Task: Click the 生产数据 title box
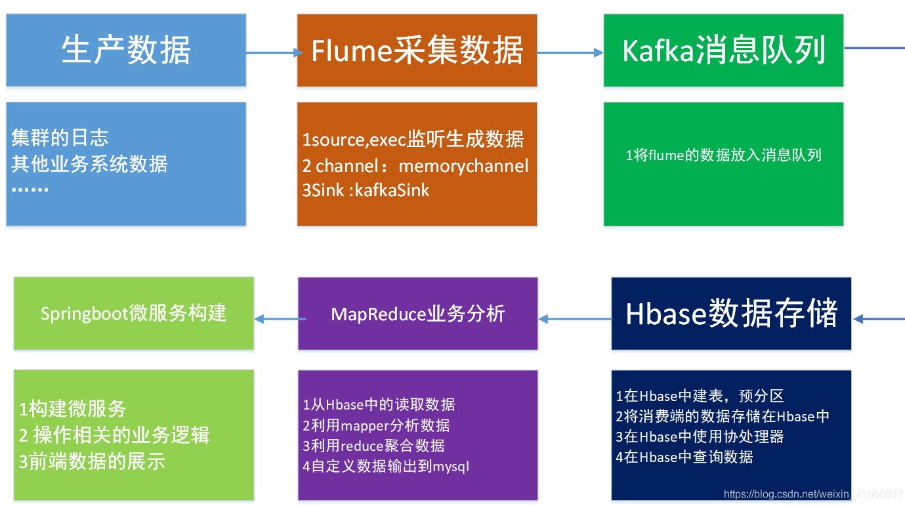126,51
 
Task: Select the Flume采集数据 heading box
417,51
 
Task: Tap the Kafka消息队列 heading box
723,51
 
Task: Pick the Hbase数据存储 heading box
731,313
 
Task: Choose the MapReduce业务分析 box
417,314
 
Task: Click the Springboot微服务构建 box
133,313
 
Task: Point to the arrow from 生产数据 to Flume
271,53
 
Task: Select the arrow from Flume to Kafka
570,53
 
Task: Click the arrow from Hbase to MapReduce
575,320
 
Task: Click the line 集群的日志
60,138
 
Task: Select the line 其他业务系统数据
89,163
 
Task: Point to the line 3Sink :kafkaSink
366,190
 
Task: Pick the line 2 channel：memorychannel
415,165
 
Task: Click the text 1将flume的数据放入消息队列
723,156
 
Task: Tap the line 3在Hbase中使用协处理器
700,436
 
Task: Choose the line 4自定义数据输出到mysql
386,467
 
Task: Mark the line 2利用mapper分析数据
376,425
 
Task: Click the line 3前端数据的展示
92,461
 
